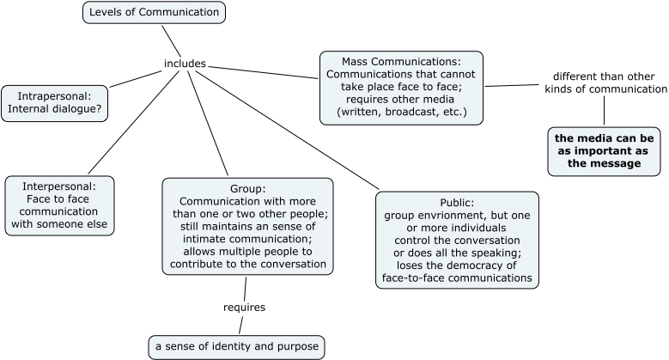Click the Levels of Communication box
point(155,12)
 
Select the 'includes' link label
point(185,63)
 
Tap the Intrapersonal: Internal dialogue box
point(54,101)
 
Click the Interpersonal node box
point(60,205)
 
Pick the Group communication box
point(247,225)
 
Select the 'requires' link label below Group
point(243,306)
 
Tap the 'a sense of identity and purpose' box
point(236,347)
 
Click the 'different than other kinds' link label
point(605,82)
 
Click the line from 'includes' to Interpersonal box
point(129,125)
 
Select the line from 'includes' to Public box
point(283,129)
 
